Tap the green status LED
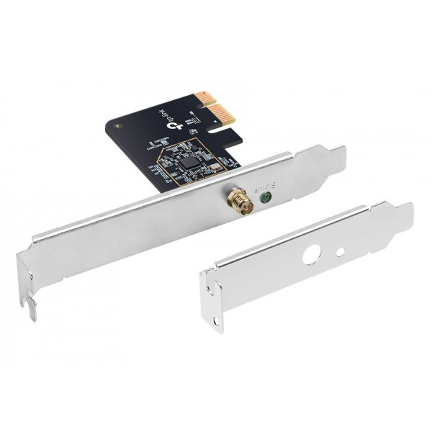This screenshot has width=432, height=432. click(x=265, y=195)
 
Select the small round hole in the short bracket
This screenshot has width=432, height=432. click(x=341, y=252)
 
